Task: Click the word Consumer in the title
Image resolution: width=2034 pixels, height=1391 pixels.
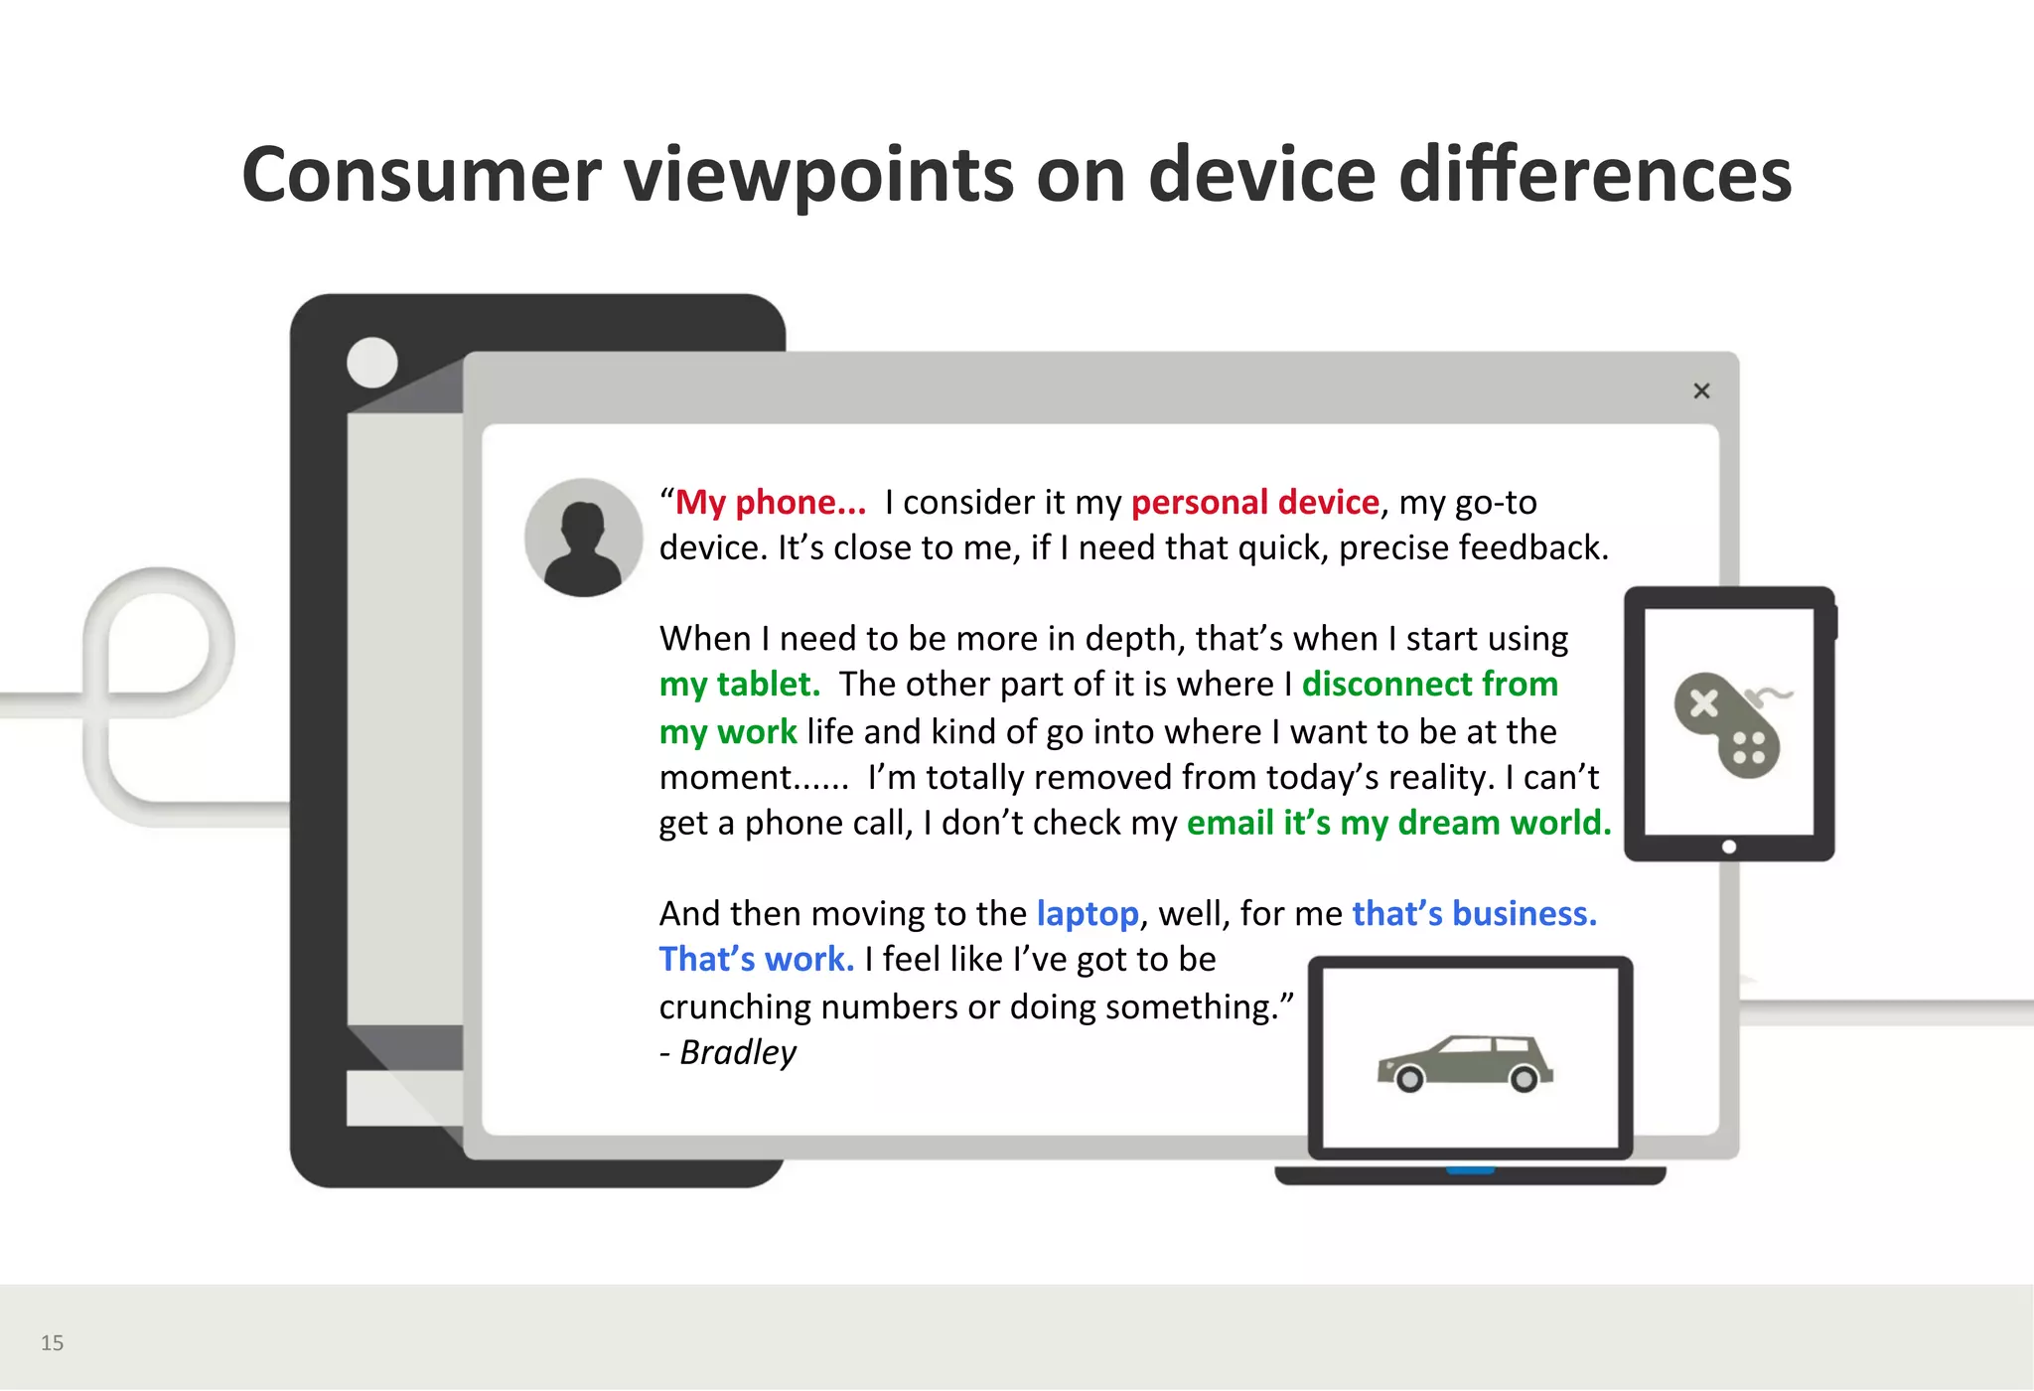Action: [421, 175]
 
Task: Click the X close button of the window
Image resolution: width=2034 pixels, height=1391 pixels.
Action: [1701, 390]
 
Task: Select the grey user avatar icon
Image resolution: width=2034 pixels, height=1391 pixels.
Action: [584, 538]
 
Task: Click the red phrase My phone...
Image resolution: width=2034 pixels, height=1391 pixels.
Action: [770, 503]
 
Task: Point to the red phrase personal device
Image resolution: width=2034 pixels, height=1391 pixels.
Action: [1255, 503]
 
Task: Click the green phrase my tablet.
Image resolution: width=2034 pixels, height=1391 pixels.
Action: [740, 685]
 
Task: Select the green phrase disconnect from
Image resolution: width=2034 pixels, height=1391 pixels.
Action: [1430, 685]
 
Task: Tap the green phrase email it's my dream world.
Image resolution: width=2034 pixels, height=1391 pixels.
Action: [1398, 824]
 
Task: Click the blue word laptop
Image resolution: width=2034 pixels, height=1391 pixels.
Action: [1088, 914]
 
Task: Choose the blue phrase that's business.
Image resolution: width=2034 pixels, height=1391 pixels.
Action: [1475, 914]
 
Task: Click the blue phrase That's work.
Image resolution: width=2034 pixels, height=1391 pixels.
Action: [757, 960]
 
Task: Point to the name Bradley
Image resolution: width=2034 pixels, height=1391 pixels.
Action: [738, 1052]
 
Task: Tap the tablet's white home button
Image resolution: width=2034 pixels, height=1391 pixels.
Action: [1729, 847]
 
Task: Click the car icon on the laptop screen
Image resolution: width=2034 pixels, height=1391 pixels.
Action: [1466, 1063]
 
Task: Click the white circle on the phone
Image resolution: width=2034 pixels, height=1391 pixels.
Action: [372, 363]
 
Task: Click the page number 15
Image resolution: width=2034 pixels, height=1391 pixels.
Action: [52, 1343]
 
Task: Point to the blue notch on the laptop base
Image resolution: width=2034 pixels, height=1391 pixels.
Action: [1471, 1170]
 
